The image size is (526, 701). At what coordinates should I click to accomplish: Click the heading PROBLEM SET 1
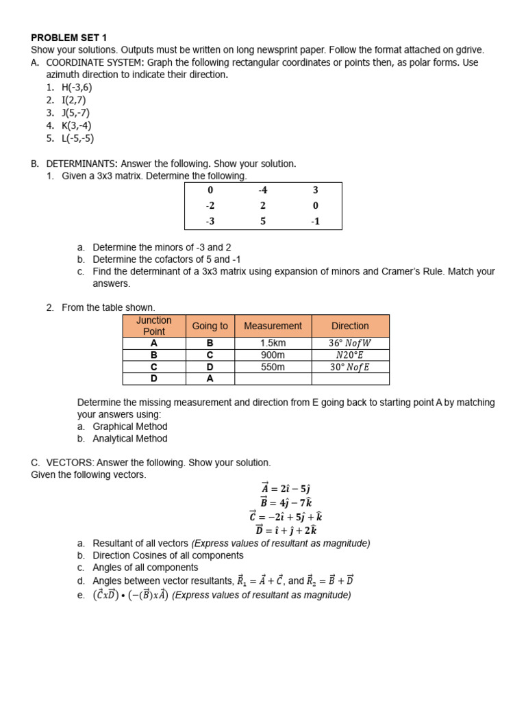tap(68, 38)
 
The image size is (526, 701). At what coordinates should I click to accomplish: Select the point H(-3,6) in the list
tap(76, 88)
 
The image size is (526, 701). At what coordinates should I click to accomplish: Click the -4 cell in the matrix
tap(262, 190)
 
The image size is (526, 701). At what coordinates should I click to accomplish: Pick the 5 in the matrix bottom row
tap(262, 221)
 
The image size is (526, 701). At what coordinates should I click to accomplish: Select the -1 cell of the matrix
tap(315, 221)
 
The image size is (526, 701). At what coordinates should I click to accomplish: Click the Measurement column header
tap(273, 326)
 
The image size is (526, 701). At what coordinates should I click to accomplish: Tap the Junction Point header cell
tap(153, 326)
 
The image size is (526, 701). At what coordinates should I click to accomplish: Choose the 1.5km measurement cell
tap(273, 343)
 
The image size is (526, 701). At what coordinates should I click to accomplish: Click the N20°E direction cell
tap(350, 355)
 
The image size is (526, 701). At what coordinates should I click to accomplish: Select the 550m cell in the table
tap(273, 367)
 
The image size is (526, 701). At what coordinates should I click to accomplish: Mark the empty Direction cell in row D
tap(350, 379)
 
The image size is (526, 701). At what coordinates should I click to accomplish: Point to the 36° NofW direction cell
tap(350, 343)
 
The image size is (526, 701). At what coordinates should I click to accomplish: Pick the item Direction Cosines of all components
tap(168, 555)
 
